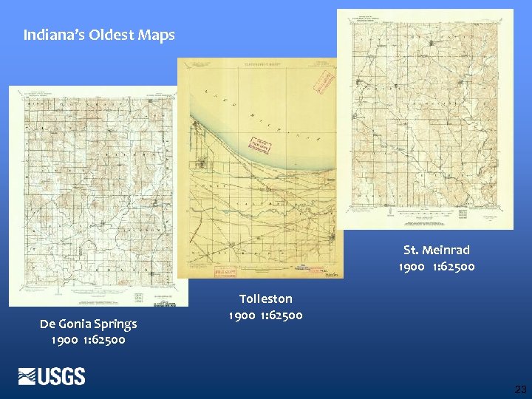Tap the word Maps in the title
click(x=155, y=35)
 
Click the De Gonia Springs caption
click(x=88, y=324)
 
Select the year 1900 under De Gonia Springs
click(x=64, y=341)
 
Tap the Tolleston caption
click(x=265, y=299)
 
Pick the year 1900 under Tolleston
click(x=242, y=316)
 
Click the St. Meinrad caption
click(x=436, y=250)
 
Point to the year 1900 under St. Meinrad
click(x=412, y=266)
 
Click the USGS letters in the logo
click(x=63, y=377)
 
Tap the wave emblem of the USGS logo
click(x=28, y=377)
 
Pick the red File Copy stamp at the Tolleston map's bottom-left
click(x=225, y=271)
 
